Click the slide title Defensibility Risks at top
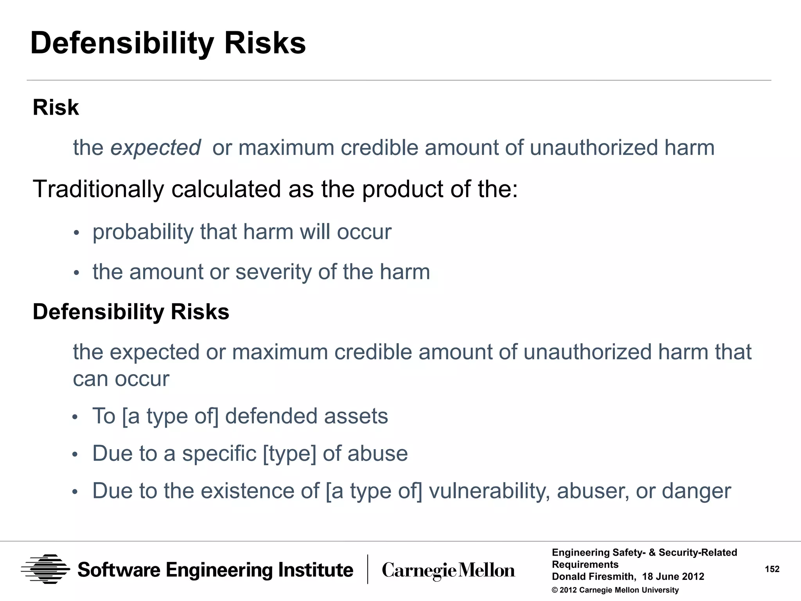[168, 43]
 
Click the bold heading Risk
[56, 107]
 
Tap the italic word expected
[155, 148]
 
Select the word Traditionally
[98, 189]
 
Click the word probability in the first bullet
[143, 232]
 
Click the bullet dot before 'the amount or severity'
[76, 273]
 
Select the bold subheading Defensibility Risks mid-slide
[131, 312]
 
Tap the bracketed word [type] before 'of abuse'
[289, 453]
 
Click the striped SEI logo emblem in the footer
[45, 569]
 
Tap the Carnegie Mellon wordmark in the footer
[448, 570]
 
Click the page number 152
[772, 569]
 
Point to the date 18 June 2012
[673, 577]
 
